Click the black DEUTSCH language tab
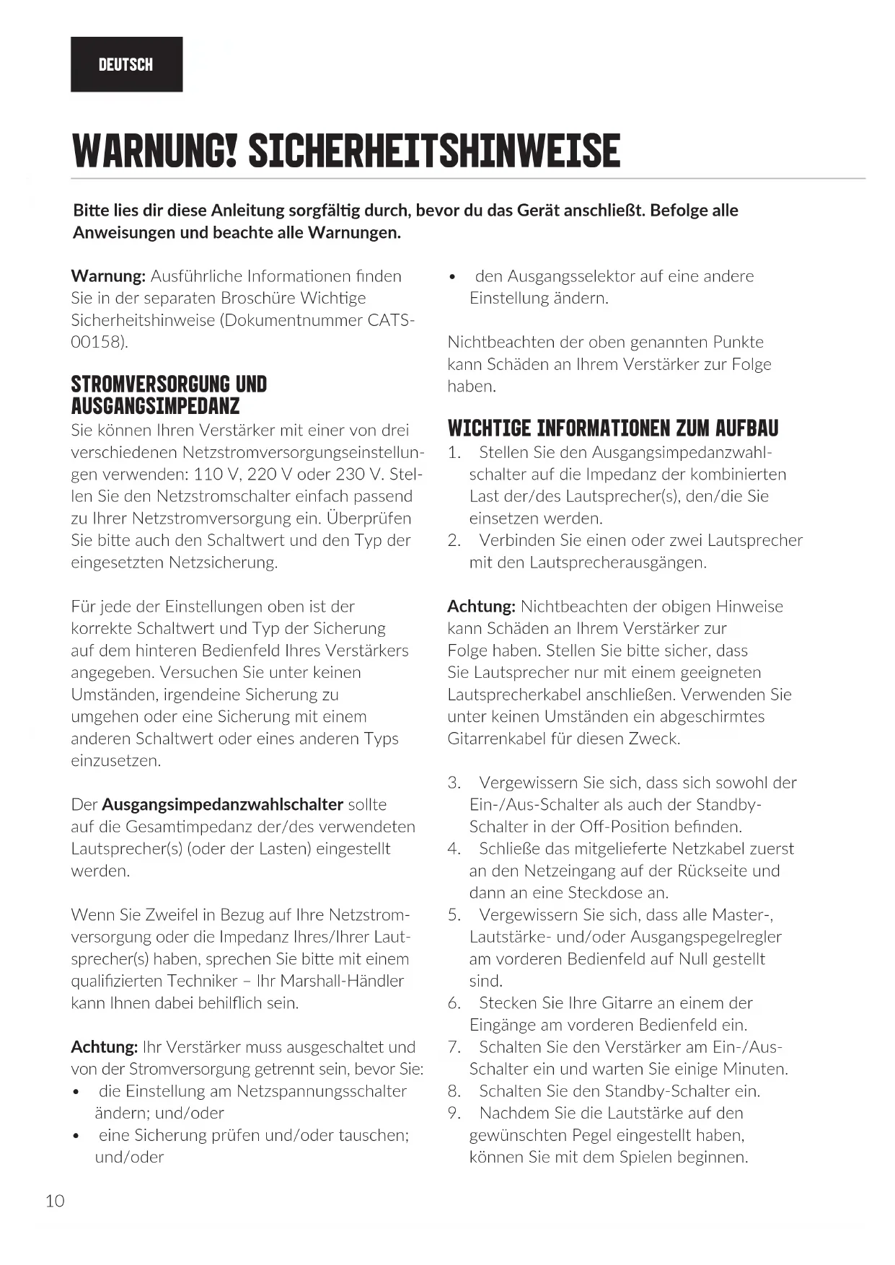pyautogui.click(x=126, y=64)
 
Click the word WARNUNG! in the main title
pyautogui.click(x=154, y=150)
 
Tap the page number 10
pyautogui.click(x=55, y=1201)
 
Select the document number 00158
pyautogui.click(x=97, y=342)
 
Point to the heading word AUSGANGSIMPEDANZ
pyautogui.click(x=155, y=406)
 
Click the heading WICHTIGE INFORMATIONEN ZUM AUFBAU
pyautogui.click(x=613, y=428)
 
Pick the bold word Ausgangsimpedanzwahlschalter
pyautogui.click(x=222, y=804)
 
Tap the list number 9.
pyautogui.click(x=454, y=1113)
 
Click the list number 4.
pyautogui.click(x=454, y=849)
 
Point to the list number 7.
pyautogui.click(x=454, y=1047)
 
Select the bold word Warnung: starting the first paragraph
pyautogui.click(x=108, y=276)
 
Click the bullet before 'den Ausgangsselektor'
pyautogui.click(x=452, y=277)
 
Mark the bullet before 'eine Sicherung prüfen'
pyautogui.click(x=76, y=1136)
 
